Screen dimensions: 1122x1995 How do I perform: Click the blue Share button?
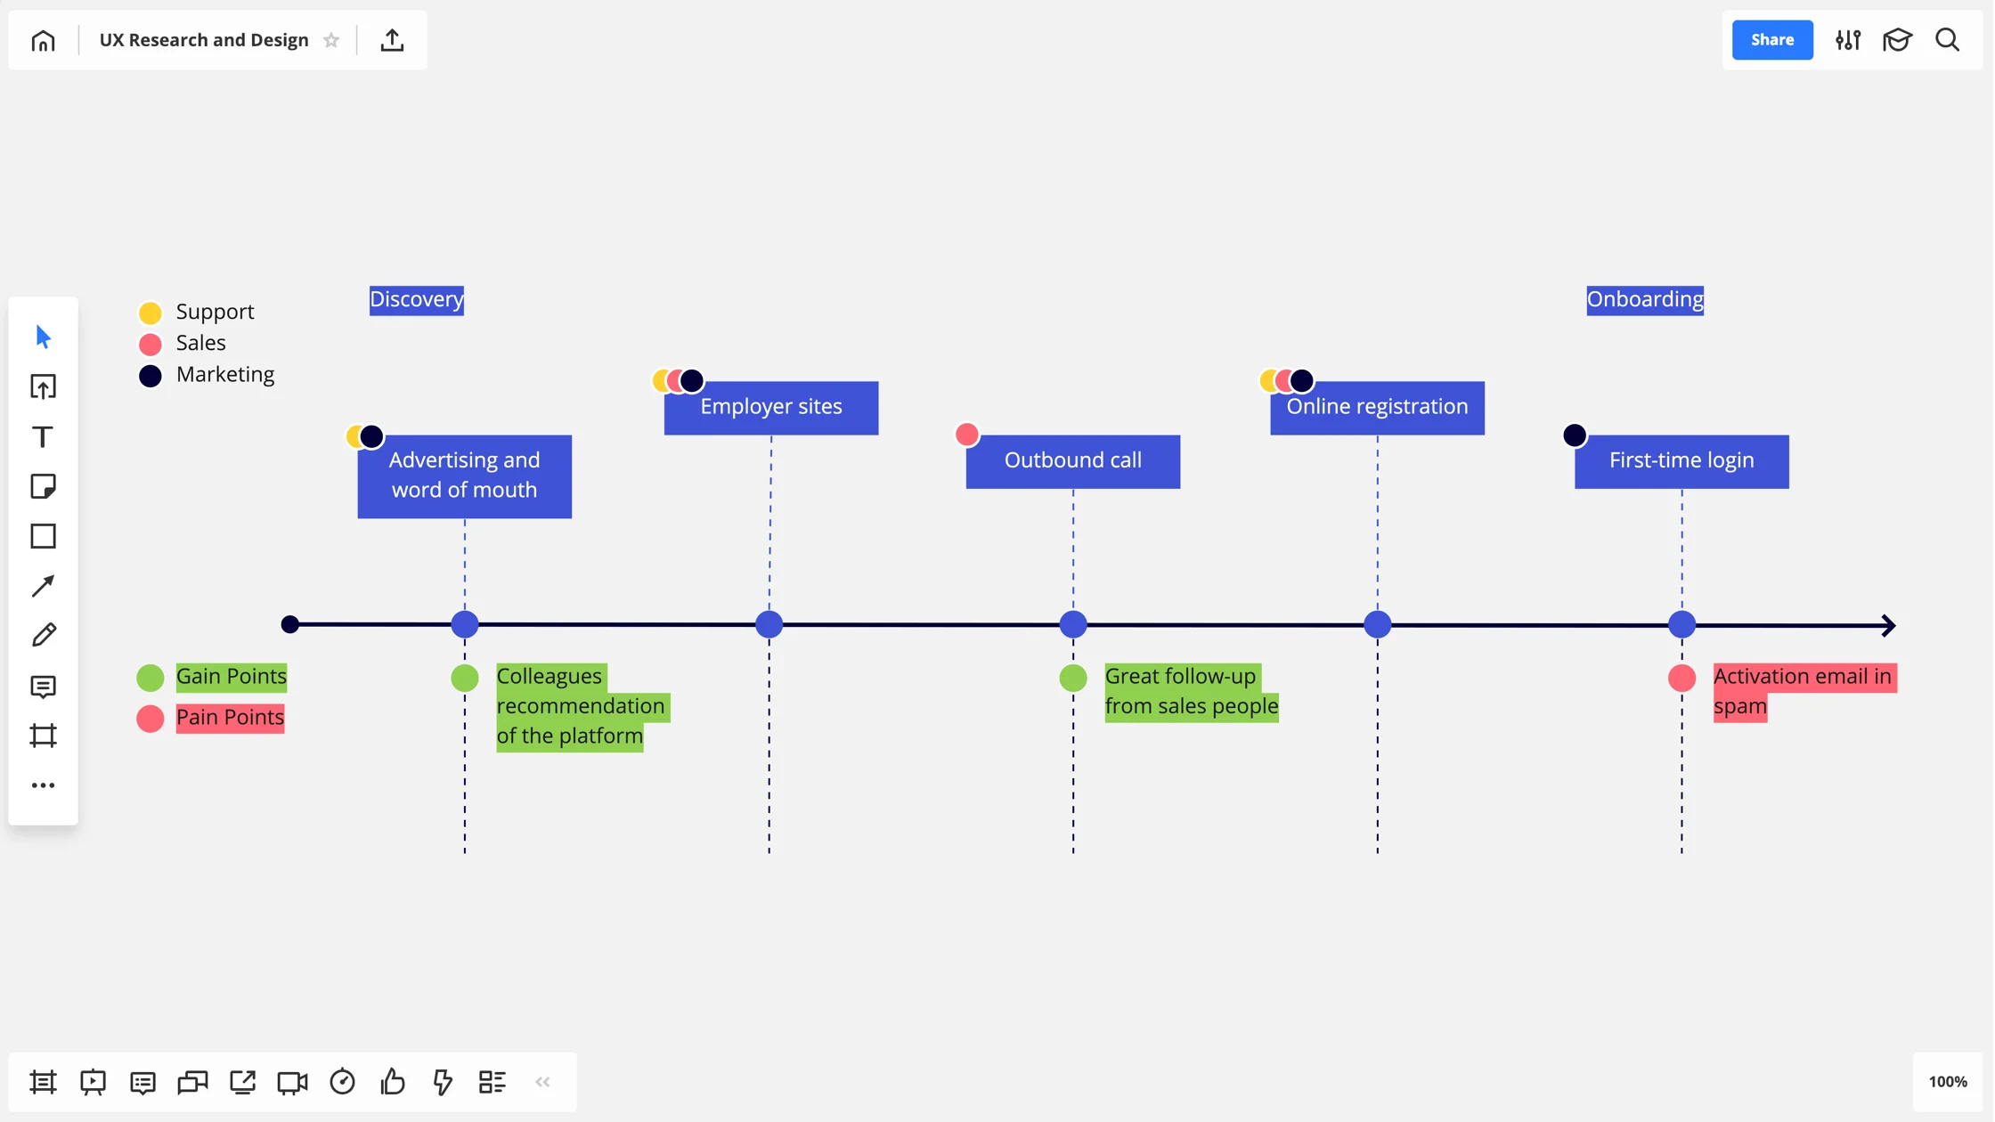pyautogui.click(x=1771, y=40)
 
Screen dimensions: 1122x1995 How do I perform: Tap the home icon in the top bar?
pyautogui.click(x=43, y=41)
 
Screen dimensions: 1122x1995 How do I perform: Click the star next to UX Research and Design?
pyautogui.click(x=331, y=41)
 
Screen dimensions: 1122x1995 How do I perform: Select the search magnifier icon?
pyautogui.click(x=1947, y=40)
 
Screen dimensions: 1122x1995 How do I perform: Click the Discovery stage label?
pyautogui.click(x=416, y=299)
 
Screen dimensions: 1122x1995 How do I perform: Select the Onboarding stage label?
pyautogui.click(x=1644, y=299)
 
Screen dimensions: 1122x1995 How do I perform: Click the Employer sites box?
pyautogui.click(x=770, y=407)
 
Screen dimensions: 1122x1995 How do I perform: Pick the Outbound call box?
pyautogui.click(x=1072, y=460)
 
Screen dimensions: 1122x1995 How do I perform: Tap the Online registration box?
pyautogui.click(x=1377, y=407)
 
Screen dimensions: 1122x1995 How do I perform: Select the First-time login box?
pyautogui.click(x=1681, y=460)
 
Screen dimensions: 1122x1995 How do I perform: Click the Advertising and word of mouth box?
pyautogui.click(x=464, y=476)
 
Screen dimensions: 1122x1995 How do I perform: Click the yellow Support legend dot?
pyautogui.click(x=151, y=313)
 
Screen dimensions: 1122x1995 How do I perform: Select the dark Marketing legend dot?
pyautogui.click(x=151, y=376)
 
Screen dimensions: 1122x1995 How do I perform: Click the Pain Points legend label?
pyautogui.click(x=230, y=717)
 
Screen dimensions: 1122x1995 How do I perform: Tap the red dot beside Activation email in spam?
pyautogui.click(x=1681, y=678)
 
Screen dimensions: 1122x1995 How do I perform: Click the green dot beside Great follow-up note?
pyautogui.click(x=1072, y=678)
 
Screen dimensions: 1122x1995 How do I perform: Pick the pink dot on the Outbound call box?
pyautogui.click(x=966, y=435)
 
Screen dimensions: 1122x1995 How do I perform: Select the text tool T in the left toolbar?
pyautogui.click(x=43, y=436)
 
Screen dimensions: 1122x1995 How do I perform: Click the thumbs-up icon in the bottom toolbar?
pyautogui.click(x=393, y=1082)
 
